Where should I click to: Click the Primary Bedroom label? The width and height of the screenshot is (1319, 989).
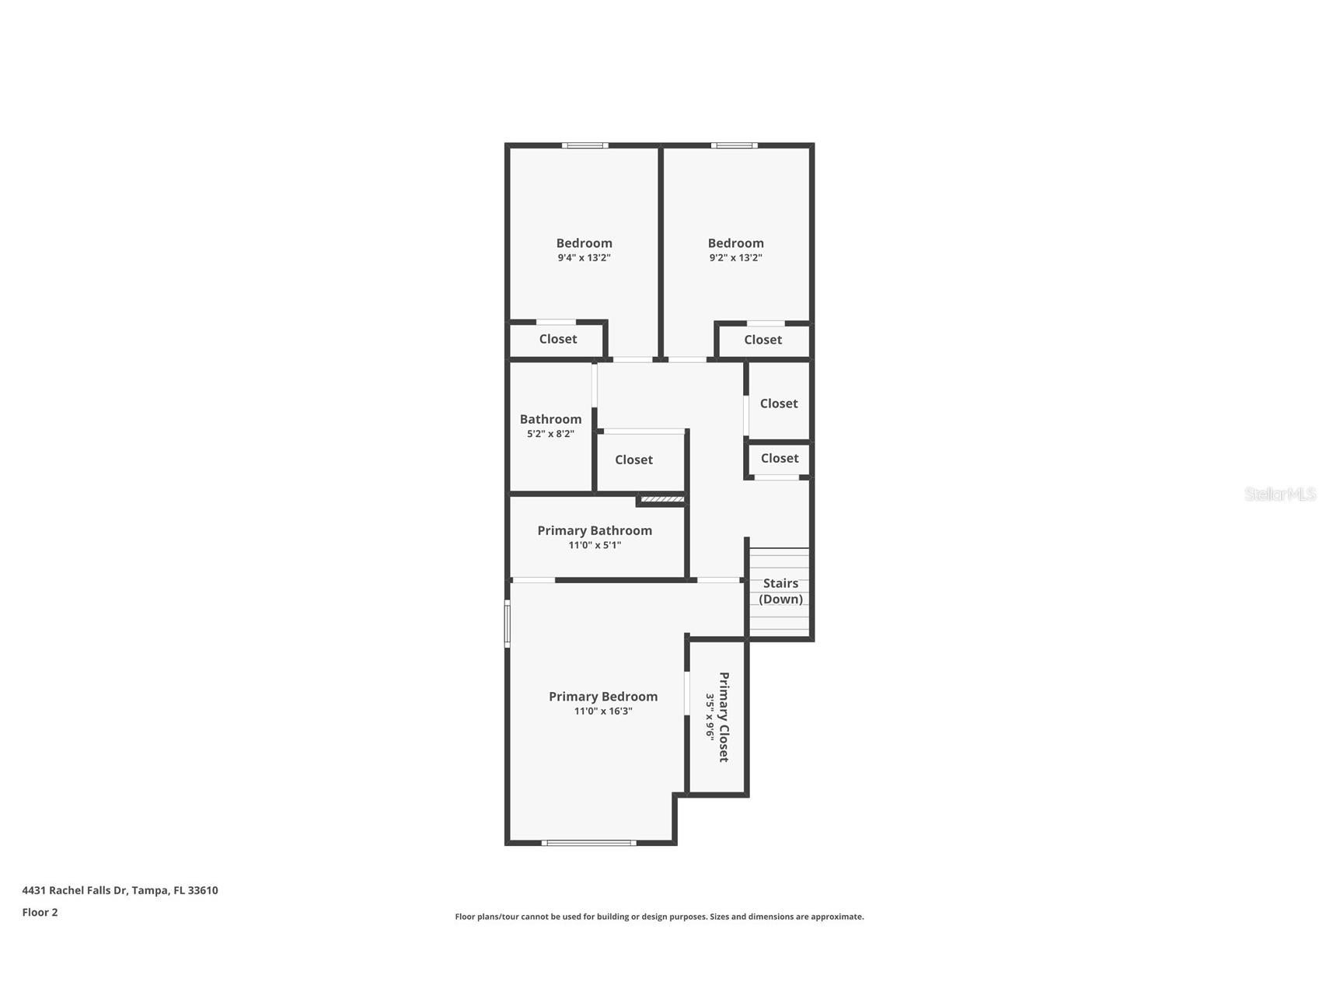coord(603,697)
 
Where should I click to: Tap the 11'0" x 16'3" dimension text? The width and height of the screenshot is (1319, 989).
coord(603,711)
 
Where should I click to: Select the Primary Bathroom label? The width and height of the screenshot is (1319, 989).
coord(595,530)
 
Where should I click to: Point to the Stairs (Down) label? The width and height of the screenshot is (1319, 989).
coord(780,591)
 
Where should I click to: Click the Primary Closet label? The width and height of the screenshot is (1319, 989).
coord(724,717)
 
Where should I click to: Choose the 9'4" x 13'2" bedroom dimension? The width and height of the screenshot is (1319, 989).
coord(584,258)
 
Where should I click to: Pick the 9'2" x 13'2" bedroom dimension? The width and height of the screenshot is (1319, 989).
coord(735,258)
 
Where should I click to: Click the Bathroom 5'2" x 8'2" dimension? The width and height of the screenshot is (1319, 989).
coord(550,434)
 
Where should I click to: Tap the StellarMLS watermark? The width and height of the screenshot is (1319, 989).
coord(1279,494)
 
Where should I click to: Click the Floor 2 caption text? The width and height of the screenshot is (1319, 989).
coord(40,913)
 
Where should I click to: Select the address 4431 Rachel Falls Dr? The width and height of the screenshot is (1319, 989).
coord(120,890)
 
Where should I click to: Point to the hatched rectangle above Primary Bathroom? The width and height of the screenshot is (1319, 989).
coord(662,499)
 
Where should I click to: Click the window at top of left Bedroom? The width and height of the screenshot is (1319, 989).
coord(585,145)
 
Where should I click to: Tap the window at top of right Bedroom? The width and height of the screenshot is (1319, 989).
coord(734,145)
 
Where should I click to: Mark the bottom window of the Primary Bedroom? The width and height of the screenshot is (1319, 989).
coord(588,843)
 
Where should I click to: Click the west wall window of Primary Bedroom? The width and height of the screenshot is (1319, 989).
coord(508,624)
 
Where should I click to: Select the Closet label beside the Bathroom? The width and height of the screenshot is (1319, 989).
coord(633,460)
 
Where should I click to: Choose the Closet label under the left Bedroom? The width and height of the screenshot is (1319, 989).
coord(558,339)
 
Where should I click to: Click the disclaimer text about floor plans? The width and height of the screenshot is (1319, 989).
coord(659,917)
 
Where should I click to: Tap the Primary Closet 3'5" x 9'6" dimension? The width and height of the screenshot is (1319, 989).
coord(710,717)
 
